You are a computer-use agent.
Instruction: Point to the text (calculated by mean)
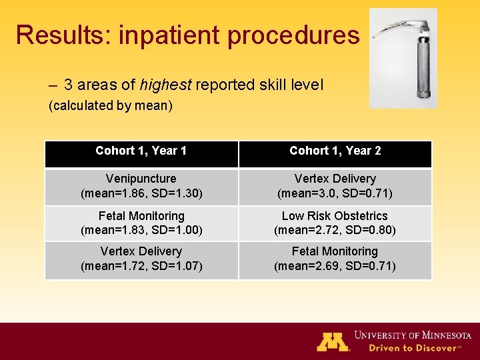pos(111,106)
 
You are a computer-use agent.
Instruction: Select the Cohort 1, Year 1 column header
pos(141,151)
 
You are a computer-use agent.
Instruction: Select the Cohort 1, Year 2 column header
pos(335,151)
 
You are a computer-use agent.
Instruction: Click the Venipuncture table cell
pos(141,186)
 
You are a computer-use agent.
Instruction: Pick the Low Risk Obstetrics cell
pos(335,223)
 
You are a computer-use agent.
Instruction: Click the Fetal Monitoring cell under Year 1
pos(141,223)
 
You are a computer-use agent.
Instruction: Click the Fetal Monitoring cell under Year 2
pos(335,259)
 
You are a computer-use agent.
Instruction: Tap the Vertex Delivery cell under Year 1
pos(141,259)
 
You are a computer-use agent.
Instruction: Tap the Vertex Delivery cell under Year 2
pos(335,186)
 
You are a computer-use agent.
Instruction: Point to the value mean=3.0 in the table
pos(310,194)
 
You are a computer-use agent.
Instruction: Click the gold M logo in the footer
pos(333,341)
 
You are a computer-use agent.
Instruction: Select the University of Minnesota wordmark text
pos(413,335)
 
